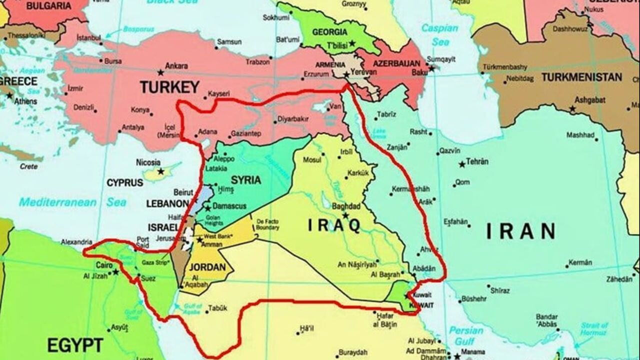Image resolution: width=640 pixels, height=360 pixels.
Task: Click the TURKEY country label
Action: (169, 87)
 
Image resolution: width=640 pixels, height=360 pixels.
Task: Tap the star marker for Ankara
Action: (160, 72)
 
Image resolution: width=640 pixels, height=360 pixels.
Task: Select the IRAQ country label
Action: (334, 225)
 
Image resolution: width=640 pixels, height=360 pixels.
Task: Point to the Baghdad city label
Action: (346, 206)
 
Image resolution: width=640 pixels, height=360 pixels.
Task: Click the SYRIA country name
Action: (245, 180)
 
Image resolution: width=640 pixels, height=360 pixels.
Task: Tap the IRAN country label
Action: (520, 231)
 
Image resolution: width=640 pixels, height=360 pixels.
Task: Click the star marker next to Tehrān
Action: (461, 164)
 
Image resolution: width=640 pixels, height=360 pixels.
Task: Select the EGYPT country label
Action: (75, 345)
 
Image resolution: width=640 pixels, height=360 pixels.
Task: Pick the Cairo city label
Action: (104, 265)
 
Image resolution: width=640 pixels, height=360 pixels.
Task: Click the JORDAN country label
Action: (207, 267)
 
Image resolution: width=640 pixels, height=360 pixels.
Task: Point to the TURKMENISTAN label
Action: (581, 77)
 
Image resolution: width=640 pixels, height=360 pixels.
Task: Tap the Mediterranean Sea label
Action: (72, 202)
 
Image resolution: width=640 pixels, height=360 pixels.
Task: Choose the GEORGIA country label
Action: (329, 32)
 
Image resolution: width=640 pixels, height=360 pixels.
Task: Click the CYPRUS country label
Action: (124, 183)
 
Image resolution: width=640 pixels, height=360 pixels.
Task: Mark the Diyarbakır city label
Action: (293, 119)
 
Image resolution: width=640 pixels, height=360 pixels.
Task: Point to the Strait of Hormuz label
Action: (594, 329)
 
